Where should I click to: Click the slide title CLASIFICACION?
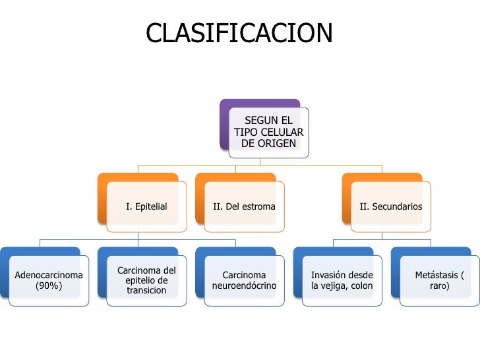coord(239,33)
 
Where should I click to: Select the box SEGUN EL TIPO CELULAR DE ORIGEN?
coord(268,132)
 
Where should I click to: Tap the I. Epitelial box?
coord(146,207)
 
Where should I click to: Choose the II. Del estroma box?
coord(244,207)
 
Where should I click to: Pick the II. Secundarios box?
coord(390,207)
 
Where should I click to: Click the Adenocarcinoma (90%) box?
coord(49,281)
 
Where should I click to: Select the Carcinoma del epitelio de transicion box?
coord(146,281)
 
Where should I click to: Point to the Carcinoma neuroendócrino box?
coord(244,281)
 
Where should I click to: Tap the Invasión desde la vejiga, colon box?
coord(342,281)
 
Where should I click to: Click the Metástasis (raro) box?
coord(439,281)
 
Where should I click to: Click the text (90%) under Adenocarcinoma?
coord(49,286)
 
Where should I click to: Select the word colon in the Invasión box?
coord(362,286)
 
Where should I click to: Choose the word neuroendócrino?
coord(244,286)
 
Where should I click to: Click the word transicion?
coord(146,291)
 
